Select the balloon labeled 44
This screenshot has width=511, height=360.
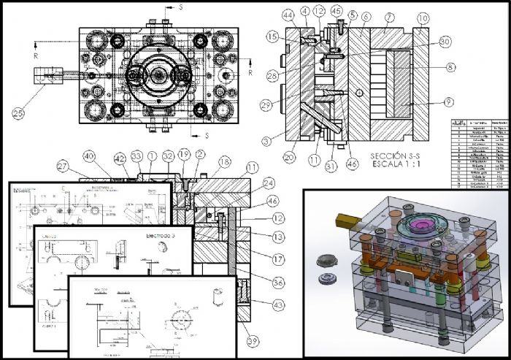click(289, 15)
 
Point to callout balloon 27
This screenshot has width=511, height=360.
click(65, 168)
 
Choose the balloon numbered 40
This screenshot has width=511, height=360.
click(89, 156)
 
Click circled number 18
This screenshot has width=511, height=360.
click(224, 162)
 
